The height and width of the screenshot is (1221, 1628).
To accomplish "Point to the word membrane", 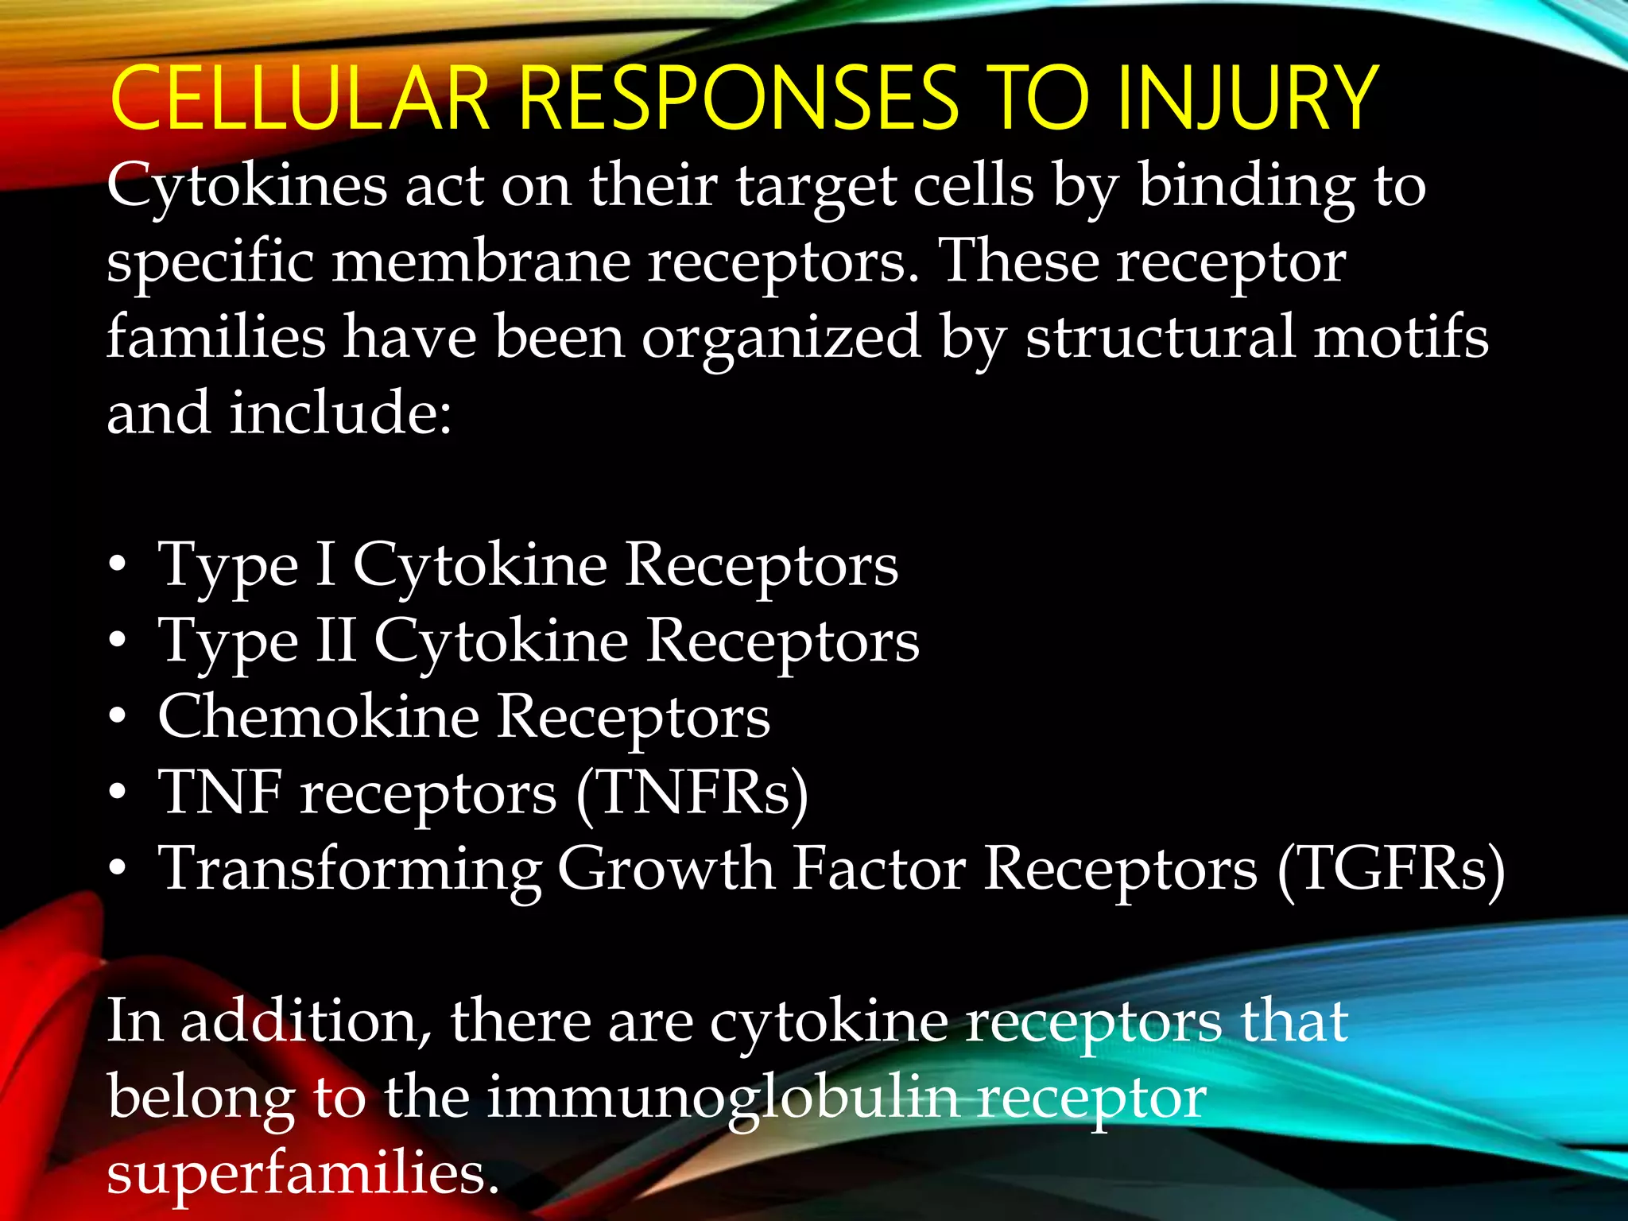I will click(482, 263).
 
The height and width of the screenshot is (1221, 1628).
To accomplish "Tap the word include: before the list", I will click(341, 413).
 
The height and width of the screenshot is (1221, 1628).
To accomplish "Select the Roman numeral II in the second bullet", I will click(335, 641).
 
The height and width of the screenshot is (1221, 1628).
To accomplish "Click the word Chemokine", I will click(318, 716).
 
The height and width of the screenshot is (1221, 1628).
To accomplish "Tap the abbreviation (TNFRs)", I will click(691, 793).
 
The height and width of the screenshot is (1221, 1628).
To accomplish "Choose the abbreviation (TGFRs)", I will click(1391, 869).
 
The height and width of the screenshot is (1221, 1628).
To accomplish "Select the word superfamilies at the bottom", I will click(303, 1173).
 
